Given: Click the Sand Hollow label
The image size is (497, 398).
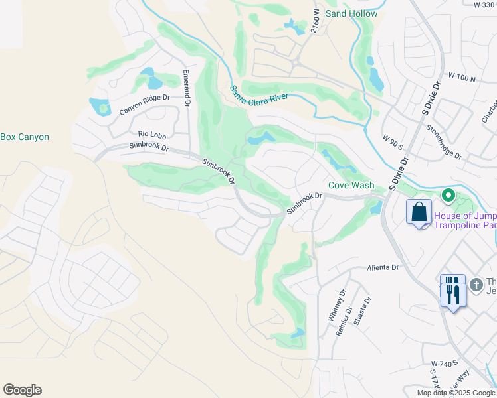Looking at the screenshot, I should coord(351,13).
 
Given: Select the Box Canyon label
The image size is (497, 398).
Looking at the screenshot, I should coord(25,137).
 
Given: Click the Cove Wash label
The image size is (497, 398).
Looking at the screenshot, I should coord(351,186).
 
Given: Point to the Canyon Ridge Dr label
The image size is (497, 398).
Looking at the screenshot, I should coord(145,103).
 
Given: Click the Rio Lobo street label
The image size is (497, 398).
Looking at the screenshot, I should coord(151,134).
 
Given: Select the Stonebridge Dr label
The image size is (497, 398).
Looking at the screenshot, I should coord(444,141).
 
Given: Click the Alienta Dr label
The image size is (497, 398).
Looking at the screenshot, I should coord(383,268).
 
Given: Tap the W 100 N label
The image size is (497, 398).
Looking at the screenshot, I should coord(462,78).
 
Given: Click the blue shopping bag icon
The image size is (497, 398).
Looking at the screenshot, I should coord(419,213).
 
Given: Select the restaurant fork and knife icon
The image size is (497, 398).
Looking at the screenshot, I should coord(452,291).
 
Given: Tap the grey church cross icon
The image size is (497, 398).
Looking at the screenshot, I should coord(476,285).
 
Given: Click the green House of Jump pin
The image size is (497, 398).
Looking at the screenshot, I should coord(448,196).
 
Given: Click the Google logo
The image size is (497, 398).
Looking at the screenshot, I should coord(22,390).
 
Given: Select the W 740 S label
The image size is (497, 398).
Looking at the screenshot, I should coord(445,364).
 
